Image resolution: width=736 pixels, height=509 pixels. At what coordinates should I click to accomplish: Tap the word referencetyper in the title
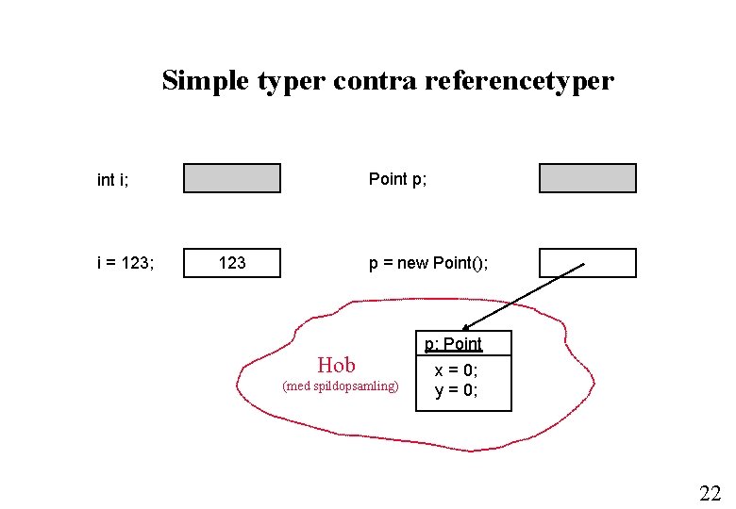(519, 81)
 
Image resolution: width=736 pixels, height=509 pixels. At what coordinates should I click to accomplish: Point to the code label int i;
(113, 179)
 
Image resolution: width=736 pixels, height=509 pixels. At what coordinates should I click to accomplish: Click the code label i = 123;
(125, 263)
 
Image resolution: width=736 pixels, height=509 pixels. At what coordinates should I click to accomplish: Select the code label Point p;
(397, 179)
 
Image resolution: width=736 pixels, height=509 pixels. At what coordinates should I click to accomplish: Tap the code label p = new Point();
(428, 263)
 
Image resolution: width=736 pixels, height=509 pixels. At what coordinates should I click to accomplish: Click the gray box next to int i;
(232, 178)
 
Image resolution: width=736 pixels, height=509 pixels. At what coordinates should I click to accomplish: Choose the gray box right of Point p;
(588, 178)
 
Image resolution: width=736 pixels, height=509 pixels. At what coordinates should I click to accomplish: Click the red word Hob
(337, 365)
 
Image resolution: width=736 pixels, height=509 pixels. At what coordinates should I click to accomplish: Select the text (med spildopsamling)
(341, 386)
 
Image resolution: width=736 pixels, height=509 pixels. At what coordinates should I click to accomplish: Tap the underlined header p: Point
(453, 344)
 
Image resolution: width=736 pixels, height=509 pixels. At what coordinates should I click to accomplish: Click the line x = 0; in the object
(457, 371)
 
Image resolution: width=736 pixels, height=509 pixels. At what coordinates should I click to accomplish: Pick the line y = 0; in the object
(457, 390)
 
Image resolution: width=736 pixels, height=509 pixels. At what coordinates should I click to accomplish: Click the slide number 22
(710, 492)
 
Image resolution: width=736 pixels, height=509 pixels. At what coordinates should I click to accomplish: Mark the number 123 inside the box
(232, 263)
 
